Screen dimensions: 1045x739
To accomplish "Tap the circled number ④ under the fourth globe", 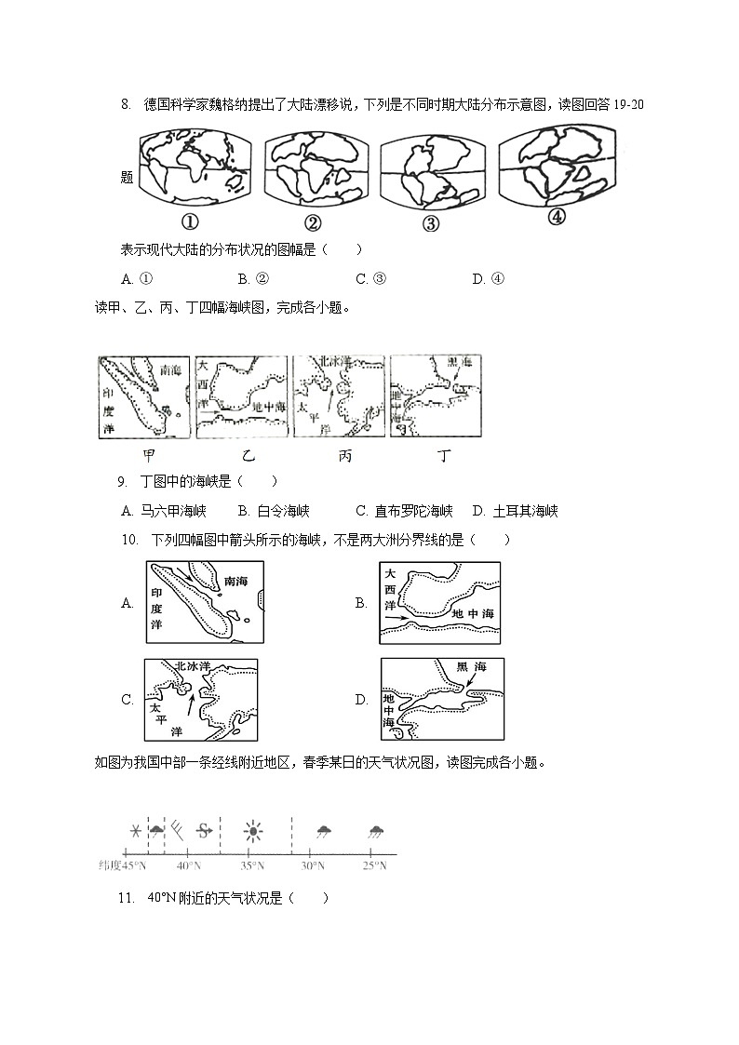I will [556, 217].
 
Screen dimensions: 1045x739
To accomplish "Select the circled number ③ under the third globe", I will [430, 222].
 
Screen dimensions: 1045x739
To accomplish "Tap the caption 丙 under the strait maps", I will [345, 456].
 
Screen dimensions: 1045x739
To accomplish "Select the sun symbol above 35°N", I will [252, 831].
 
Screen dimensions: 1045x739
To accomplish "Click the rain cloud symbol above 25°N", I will [376, 831].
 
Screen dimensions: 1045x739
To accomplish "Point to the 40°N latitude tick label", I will [189, 865].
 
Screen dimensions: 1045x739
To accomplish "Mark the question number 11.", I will [128, 898].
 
